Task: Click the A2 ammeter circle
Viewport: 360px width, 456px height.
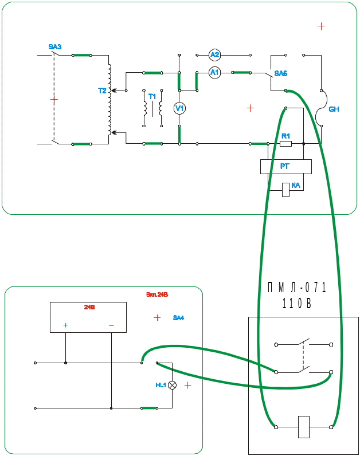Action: point(215,55)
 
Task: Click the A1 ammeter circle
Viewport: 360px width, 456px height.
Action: point(214,73)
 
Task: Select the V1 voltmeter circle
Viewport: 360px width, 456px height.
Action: point(179,108)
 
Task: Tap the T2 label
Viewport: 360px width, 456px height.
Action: point(103,91)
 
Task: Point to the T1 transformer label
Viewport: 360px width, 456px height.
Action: point(152,97)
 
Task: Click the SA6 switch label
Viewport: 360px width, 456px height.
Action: point(281,74)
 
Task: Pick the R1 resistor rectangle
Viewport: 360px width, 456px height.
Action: point(286,143)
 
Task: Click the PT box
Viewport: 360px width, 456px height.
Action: point(286,167)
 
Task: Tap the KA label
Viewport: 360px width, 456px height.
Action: point(296,186)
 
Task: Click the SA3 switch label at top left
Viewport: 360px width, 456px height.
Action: point(55,46)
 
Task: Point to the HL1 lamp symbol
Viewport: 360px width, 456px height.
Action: point(171,386)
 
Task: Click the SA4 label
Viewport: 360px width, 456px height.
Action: point(178,318)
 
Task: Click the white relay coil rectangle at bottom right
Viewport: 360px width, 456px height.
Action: point(304,427)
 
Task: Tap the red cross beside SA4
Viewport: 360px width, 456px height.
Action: point(158,317)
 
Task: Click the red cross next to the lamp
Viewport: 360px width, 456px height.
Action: point(187,386)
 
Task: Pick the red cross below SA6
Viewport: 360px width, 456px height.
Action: point(250,108)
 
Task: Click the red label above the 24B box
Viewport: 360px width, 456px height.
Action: point(157,295)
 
